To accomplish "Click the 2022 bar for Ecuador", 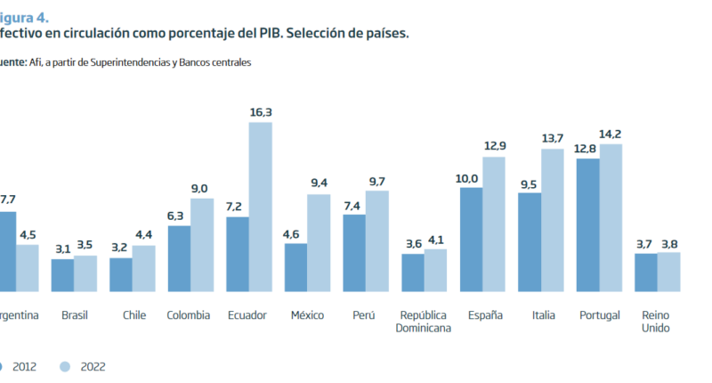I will click(260, 207).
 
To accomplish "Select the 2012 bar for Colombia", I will click(179, 258).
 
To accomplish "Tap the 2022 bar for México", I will click(319, 242).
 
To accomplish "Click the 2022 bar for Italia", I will click(552, 220).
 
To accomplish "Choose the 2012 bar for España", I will click(471, 239).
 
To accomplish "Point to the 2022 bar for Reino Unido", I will click(668, 272).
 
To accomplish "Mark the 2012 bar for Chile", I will click(121, 274).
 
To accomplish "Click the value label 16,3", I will click(261, 112).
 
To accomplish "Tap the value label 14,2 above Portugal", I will click(611, 134).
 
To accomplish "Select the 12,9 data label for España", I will click(495, 146).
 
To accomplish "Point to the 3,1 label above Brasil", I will click(62, 249).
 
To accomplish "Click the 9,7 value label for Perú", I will click(377, 182).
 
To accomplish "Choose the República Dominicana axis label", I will click(425, 322).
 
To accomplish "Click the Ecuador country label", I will click(247, 315).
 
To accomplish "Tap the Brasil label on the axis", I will click(75, 315).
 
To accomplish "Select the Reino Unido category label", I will click(657, 322).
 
